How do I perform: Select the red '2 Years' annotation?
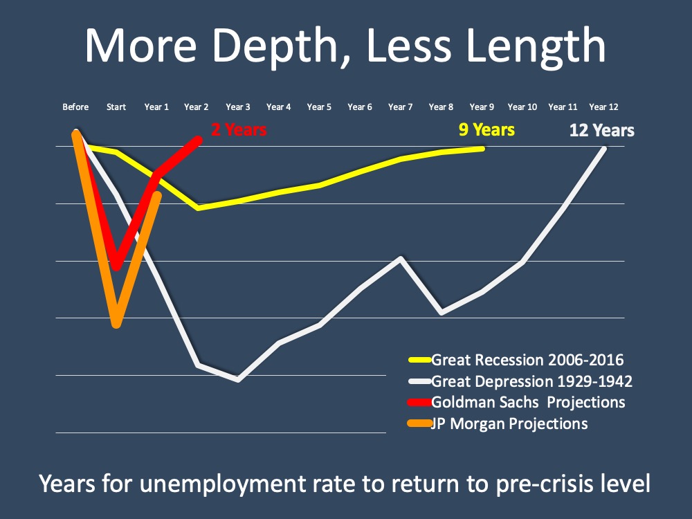(x=239, y=129)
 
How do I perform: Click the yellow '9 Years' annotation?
(x=486, y=129)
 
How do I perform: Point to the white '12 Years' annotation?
(x=601, y=130)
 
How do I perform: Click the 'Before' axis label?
(x=75, y=107)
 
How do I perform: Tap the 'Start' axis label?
(x=116, y=107)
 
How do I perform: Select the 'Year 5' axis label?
(x=319, y=107)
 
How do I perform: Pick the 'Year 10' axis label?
(x=522, y=107)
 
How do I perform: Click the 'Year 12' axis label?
(x=603, y=107)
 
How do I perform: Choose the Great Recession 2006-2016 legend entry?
(x=527, y=360)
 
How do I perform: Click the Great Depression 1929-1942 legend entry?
(x=531, y=381)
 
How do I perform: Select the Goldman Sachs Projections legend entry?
(x=528, y=402)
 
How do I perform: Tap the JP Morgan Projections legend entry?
(x=509, y=423)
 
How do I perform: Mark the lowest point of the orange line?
(x=116, y=323)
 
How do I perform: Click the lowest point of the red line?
(x=117, y=266)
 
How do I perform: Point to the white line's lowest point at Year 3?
(x=238, y=379)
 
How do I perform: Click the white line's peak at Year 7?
(x=401, y=258)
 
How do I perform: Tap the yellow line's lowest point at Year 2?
(x=199, y=208)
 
